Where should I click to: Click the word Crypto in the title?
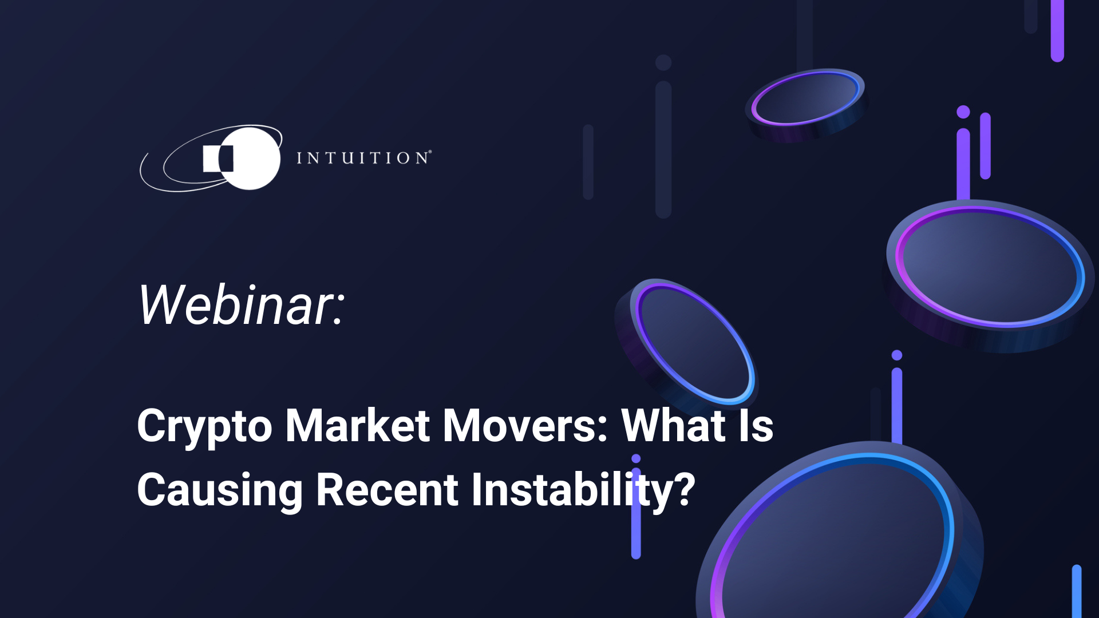[204, 426]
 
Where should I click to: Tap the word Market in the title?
[357, 426]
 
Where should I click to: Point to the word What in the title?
[673, 426]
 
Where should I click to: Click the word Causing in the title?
[220, 490]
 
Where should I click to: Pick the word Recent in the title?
[387, 490]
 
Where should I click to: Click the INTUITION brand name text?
[363, 158]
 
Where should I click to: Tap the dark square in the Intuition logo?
[226, 159]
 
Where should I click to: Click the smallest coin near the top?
[806, 100]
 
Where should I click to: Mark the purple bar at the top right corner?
[1057, 29]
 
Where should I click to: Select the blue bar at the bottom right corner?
[1077, 592]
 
